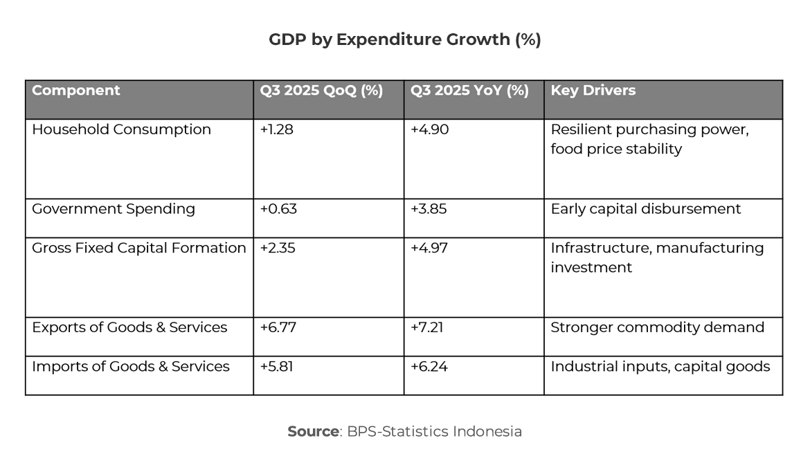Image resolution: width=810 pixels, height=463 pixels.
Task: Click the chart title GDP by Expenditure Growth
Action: (404, 40)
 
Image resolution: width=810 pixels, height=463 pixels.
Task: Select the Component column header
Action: (76, 91)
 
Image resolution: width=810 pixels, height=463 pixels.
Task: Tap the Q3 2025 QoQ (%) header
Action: (321, 91)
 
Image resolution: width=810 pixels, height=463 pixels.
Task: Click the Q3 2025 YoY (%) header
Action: (469, 91)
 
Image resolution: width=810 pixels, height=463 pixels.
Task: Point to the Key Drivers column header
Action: (593, 91)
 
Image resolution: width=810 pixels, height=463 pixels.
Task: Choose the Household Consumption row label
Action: (121, 129)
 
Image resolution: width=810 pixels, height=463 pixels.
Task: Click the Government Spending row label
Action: (114, 209)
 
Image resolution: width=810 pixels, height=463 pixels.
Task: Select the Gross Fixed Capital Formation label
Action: (139, 248)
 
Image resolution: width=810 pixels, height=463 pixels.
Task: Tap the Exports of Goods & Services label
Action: (129, 327)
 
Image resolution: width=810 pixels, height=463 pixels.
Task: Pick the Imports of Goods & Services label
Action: (131, 366)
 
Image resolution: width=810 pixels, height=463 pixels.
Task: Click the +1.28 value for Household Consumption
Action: (277, 129)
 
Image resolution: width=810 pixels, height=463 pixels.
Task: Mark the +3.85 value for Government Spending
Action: (429, 209)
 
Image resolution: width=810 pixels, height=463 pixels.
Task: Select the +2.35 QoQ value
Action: (278, 248)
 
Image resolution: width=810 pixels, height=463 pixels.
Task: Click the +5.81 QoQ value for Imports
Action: (277, 366)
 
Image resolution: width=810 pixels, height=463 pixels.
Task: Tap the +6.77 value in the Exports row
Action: (278, 327)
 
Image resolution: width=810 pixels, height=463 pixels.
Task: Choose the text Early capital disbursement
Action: (645, 209)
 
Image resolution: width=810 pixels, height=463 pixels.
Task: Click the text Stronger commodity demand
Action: (657, 327)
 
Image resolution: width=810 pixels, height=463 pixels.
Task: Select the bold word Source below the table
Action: (314, 432)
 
